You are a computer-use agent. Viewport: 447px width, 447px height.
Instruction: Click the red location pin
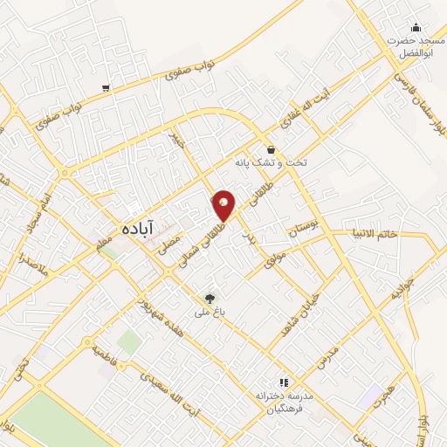tap(223, 205)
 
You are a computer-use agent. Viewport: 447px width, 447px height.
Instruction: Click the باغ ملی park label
tap(210, 312)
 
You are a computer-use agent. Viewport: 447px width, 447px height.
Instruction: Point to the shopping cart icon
tap(106, 87)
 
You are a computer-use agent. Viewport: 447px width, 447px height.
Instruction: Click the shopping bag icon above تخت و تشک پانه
tap(272, 149)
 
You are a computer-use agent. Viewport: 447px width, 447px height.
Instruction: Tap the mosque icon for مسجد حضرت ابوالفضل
tap(415, 26)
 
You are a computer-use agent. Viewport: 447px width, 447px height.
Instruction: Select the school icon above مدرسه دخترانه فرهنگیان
tap(282, 382)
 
